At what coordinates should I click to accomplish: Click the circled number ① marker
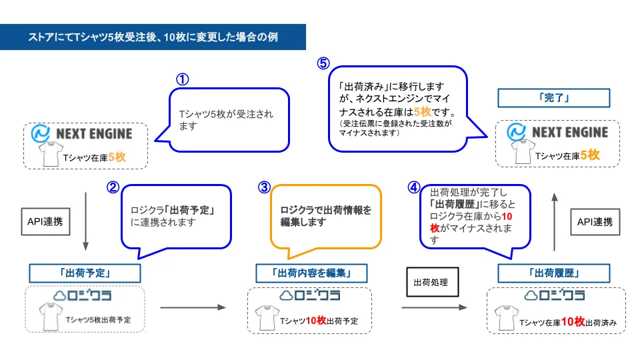pos(183,79)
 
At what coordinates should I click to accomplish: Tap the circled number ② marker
pos(113,187)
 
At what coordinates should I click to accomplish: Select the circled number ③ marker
pos(264,187)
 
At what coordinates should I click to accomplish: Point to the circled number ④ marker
pos(414,187)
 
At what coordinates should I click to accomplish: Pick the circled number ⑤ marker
pos(323,63)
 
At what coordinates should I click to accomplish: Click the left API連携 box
pos(46,221)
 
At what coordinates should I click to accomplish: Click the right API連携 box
pos(595,222)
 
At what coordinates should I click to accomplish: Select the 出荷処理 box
pos(433,282)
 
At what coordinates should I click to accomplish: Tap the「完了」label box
pos(554,98)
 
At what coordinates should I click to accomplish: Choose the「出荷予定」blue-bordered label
pos(85,273)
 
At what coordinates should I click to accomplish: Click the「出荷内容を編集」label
pos(311,273)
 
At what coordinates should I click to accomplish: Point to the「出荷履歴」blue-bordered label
pos(554,273)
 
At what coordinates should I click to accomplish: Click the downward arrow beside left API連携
pos(86,221)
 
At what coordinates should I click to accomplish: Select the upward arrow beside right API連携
pos(554,221)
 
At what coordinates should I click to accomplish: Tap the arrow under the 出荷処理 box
pos(434,307)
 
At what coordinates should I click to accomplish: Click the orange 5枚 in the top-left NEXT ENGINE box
pos(117,157)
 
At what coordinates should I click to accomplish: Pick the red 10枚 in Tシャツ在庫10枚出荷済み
pos(573,322)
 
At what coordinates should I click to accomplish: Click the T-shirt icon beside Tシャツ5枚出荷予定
pos(51,316)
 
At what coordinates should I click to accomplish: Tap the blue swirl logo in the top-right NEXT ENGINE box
pos(516,132)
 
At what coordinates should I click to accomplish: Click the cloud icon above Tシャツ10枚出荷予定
pos(286,295)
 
